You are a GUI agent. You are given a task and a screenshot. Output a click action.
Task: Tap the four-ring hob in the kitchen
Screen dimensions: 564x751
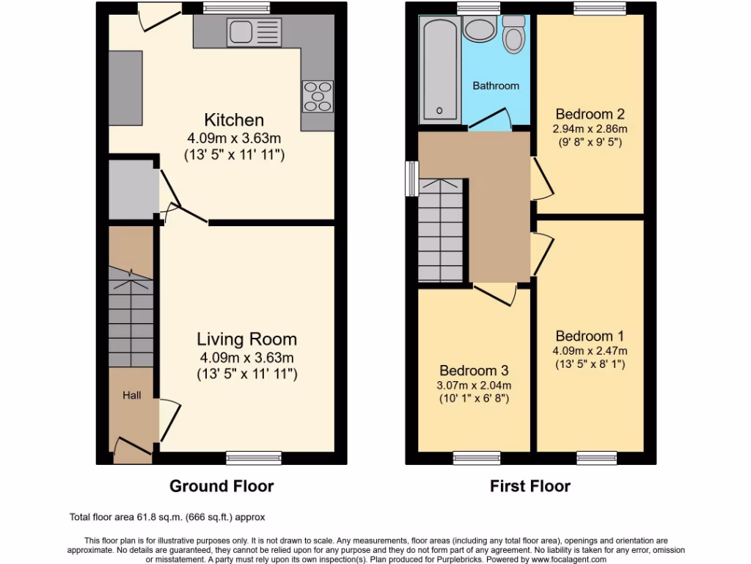317,96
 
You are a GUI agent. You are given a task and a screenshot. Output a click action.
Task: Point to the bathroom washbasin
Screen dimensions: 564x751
480,30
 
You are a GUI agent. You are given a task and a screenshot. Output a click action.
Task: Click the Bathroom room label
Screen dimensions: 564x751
495,86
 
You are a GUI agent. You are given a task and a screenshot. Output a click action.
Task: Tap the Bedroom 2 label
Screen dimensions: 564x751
590,114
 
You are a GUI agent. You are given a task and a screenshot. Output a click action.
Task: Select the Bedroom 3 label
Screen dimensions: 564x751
474,371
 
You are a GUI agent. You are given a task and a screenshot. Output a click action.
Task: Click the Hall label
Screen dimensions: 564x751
132,395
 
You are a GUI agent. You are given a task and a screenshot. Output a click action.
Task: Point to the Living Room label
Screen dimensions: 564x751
246,339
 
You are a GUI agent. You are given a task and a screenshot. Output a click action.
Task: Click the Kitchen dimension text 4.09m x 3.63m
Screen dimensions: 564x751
234,138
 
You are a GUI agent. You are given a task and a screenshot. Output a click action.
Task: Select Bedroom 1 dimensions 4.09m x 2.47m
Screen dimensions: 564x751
590,350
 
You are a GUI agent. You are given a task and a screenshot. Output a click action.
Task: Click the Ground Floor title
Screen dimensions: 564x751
221,486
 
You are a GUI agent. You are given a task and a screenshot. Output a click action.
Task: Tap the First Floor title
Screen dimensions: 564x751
530,486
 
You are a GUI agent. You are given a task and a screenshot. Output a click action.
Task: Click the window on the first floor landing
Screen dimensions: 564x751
413,178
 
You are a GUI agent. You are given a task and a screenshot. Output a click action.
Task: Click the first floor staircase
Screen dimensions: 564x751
440,231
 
